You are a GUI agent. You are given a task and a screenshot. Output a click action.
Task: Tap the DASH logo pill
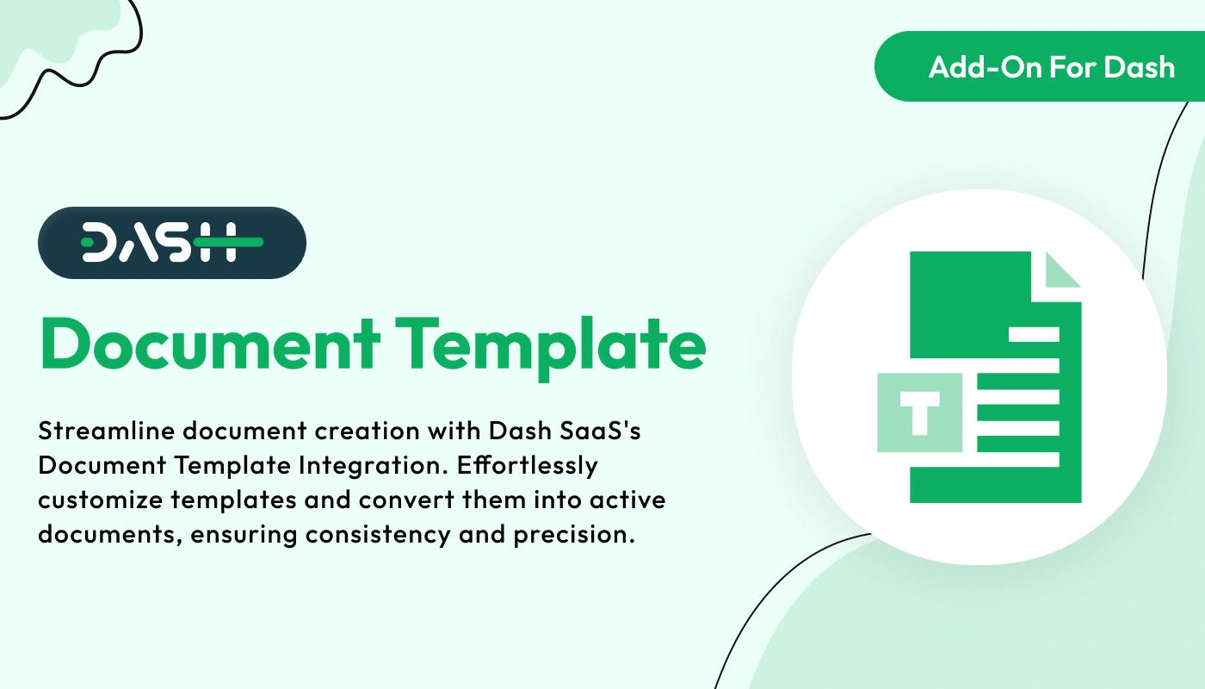click(172, 243)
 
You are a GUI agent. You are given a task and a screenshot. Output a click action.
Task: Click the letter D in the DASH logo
click(102, 243)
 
